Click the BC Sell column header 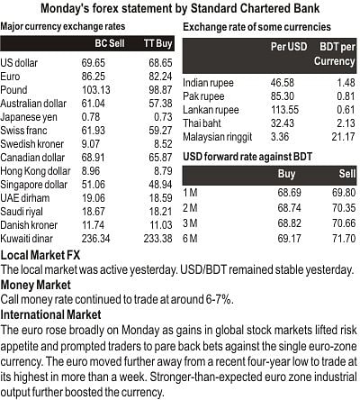pos(110,43)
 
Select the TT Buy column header pos(157,43)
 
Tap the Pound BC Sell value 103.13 pos(96,90)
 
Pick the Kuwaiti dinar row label pos(26,239)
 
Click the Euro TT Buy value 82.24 pos(160,77)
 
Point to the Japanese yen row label pos(29,117)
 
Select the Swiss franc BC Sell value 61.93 pos(94,131)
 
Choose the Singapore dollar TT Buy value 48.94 pos(160,185)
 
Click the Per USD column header pos(289,47)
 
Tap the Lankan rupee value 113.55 pos(284,110)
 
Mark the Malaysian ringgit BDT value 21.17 pos(343,137)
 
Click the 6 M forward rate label pos(190,239)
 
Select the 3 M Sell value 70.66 pos(344,223)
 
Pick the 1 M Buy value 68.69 pos(289,193)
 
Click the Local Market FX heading pos(40,255)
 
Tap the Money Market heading pos(36,285)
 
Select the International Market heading pos(50,314)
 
